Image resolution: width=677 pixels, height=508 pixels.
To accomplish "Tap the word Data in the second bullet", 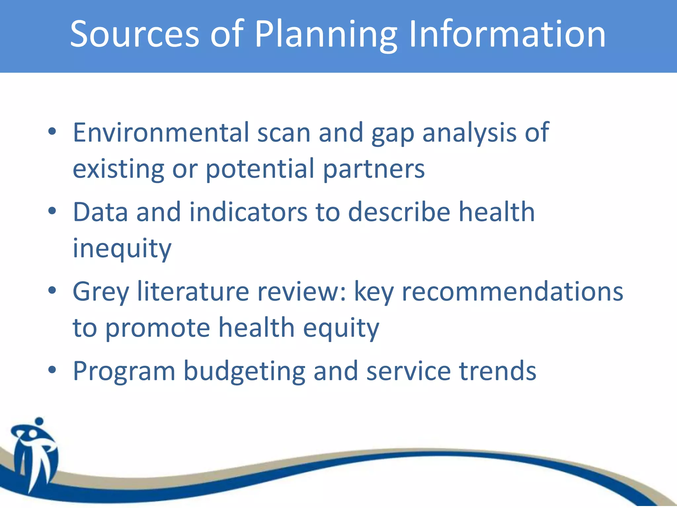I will point(100,212).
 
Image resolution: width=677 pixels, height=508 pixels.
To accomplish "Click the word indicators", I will point(248,212).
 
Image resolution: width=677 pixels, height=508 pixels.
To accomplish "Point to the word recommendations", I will point(512,291).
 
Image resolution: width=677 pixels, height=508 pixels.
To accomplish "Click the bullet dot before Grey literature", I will point(52,290).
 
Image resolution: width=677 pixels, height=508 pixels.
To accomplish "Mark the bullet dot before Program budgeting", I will point(52,370).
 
